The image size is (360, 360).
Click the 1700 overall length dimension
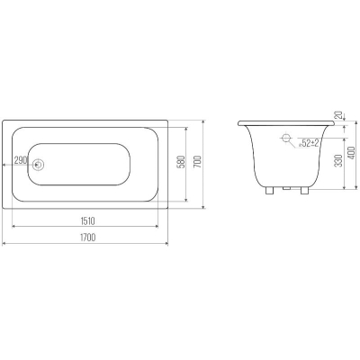pyautogui.click(x=87, y=238)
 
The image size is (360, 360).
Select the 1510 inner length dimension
pyautogui.click(x=87, y=221)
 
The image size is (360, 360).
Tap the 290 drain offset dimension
pyautogui.click(x=21, y=160)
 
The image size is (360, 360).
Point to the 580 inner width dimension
pyautogui.click(x=181, y=161)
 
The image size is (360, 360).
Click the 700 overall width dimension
pyautogui.click(x=198, y=162)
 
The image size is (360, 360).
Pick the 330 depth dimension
pyautogui.click(x=339, y=161)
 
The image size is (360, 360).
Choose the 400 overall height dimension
pyautogui.click(x=351, y=153)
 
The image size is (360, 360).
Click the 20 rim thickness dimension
pyautogui.click(x=338, y=115)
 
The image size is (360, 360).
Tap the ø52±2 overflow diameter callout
pyautogui.click(x=309, y=143)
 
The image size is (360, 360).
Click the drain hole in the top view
pyautogui.click(x=39, y=165)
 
